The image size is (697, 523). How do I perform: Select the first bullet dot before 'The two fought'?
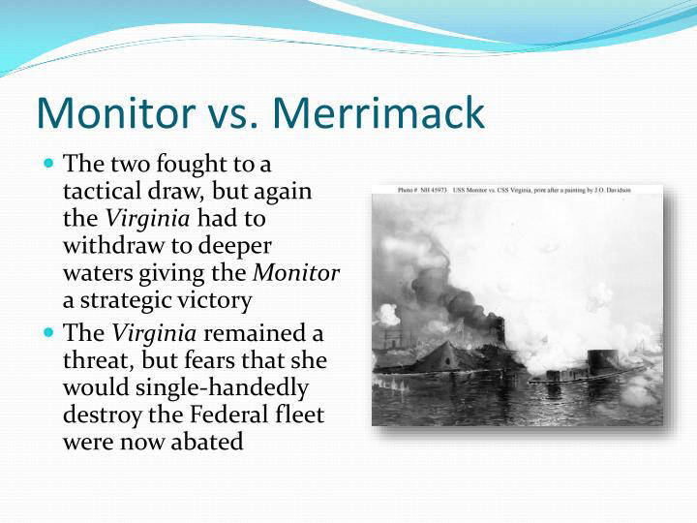(x=49, y=163)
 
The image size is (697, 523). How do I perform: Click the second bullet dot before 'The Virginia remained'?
(x=49, y=332)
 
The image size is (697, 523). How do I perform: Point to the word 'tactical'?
(x=101, y=191)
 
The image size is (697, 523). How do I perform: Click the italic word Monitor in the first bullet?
(x=296, y=272)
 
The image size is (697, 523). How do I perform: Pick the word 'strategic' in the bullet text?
(x=118, y=301)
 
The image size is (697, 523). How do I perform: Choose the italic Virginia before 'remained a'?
(x=154, y=333)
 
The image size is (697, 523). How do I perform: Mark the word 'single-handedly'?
(x=222, y=388)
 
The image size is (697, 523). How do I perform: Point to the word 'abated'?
(x=207, y=442)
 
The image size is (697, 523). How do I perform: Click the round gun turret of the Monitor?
(x=603, y=361)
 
